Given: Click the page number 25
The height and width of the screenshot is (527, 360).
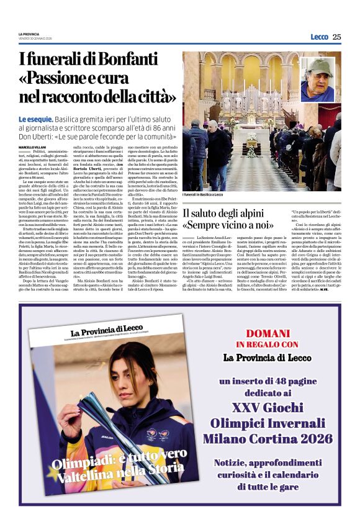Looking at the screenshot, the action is [336, 37].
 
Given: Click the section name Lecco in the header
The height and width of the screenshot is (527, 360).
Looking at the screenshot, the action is [319, 37].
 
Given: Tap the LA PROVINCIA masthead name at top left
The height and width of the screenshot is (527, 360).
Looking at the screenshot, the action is [28, 34].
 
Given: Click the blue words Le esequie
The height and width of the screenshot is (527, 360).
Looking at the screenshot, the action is [35, 118].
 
